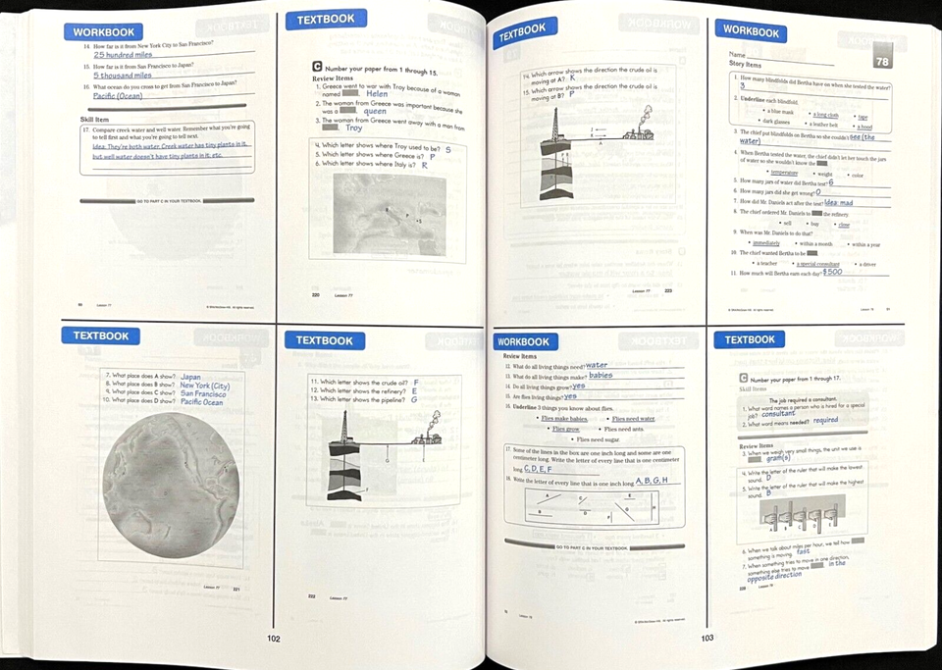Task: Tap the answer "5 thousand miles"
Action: [123, 75]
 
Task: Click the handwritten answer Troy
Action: [353, 129]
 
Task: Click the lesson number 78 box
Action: [881, 61]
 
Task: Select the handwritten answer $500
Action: [832, 272]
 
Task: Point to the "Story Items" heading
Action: [745, 65]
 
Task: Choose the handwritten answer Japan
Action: [191, 377]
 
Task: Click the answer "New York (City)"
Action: [205, 386]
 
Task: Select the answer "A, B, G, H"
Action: [652, 480]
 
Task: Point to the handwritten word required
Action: [825, 421]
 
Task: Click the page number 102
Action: [274, 639]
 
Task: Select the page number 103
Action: [707, 639]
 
